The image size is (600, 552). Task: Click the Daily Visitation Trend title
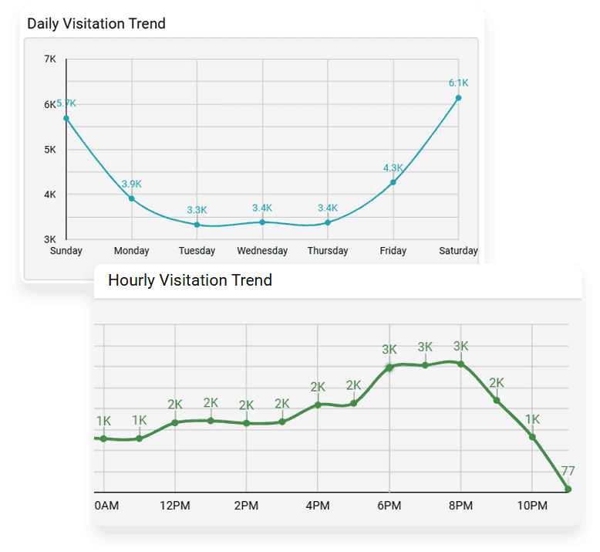click(96, 23)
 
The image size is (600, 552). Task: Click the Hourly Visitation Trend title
click(190, 280)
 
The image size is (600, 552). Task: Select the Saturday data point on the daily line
click(458, 98)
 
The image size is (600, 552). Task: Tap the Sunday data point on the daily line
click(66, 118)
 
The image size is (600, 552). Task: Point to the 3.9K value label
click(131, 184)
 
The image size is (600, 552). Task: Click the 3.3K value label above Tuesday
click(197, 210)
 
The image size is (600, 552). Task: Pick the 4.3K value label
click(393, 168)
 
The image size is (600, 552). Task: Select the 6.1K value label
click(459, 83)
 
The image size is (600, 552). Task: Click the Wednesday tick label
click(262, 251)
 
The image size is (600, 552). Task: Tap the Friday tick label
click(393, 251)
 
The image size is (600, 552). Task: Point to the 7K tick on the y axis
click(50, 59)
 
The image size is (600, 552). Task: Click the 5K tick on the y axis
click(50, 149)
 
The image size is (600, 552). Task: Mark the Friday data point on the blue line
click(393, 182)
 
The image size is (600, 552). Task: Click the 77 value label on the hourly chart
click(568, 471)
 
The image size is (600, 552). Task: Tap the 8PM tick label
click(460, 506)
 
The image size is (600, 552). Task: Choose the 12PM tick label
click(175, 506)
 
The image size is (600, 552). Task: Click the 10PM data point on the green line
click(532, 437)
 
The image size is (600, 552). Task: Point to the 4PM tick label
click(318, 506)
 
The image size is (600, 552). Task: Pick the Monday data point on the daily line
click(131, 198)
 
